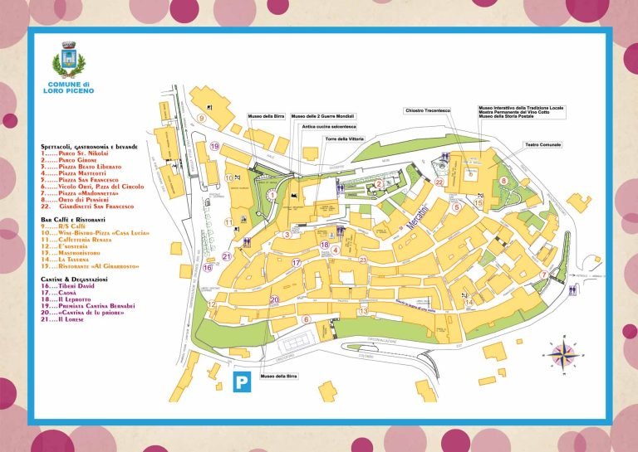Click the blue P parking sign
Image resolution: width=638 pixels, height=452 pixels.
241,382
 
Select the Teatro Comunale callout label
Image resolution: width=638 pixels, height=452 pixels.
542,145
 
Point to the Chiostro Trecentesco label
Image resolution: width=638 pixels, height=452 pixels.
427,110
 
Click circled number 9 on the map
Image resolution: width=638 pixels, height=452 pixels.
202,119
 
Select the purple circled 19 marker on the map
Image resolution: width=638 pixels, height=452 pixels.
214,147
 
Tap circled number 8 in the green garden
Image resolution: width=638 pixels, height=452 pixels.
503,180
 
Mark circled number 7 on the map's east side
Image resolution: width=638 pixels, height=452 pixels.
543,275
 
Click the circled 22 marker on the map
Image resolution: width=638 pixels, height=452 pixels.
439,182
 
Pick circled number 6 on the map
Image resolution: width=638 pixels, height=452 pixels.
306,319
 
